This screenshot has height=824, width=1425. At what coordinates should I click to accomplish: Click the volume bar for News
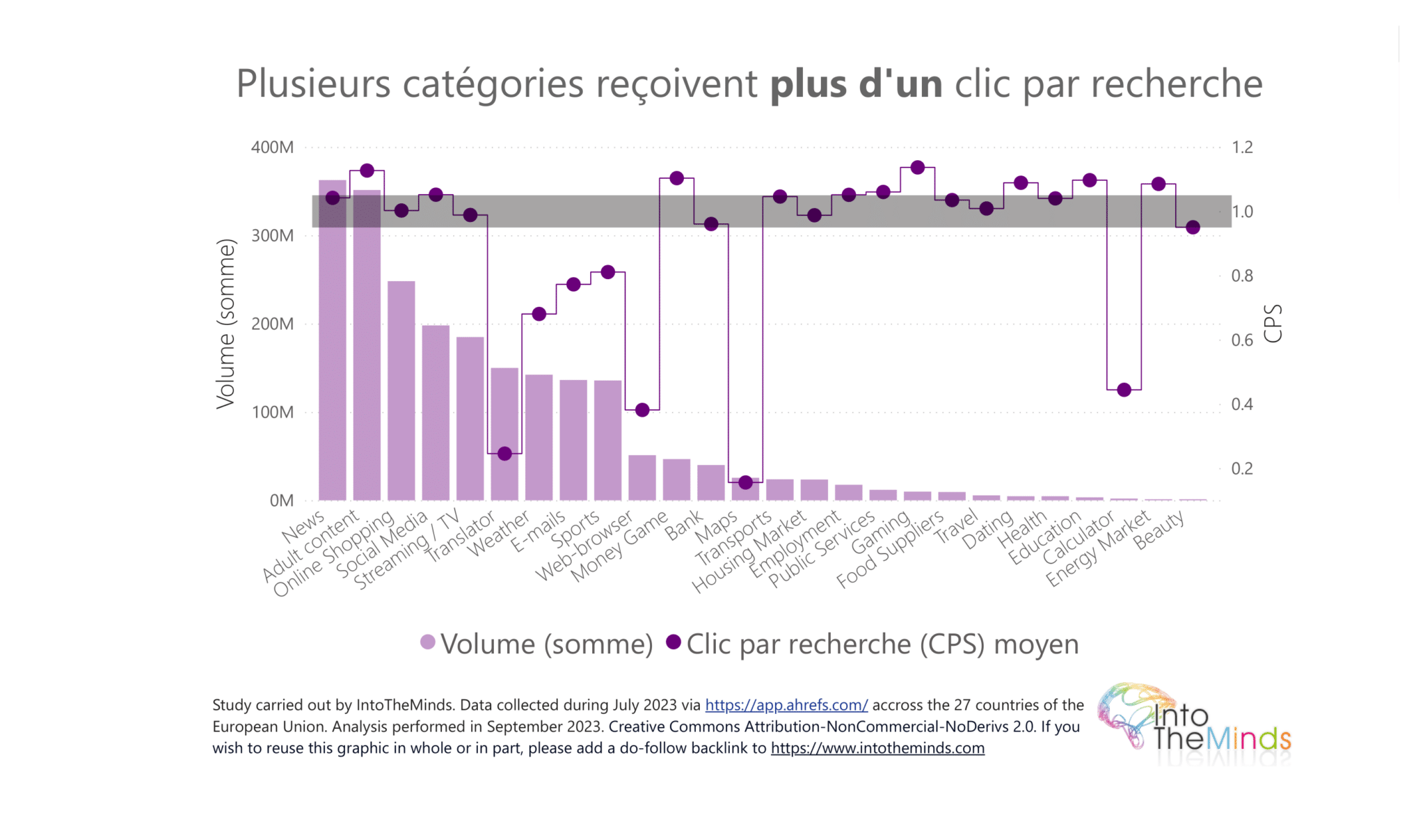tap(333, 348)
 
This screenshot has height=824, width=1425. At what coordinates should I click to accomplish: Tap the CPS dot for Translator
tap(505, 454)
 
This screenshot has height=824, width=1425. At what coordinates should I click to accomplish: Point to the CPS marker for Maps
tap(746, 482)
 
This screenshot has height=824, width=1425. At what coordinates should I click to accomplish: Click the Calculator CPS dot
tap(1124, 390)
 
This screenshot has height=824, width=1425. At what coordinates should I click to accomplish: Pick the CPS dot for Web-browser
tap(642, 410)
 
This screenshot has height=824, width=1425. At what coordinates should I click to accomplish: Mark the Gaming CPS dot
tap(918, 168)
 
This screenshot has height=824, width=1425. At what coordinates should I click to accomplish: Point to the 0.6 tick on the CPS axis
tap(1242, 340)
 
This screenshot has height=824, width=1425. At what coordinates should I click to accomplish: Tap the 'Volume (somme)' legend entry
tap(536, 644)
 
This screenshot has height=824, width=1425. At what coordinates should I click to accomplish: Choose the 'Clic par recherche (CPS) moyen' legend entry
tap(873, 644)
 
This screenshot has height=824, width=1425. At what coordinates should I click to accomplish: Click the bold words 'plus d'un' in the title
tap(856, 84)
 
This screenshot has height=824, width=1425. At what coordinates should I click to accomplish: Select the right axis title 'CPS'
tap(1273, 324)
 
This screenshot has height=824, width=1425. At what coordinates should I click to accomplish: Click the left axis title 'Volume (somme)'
tap(225, 324)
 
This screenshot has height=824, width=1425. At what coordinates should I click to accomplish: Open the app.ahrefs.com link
tap(786, 705)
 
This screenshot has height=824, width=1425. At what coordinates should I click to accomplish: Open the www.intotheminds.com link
tap(877, 748)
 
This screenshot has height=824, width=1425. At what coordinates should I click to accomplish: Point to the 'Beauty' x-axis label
tap(1159, 530)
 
